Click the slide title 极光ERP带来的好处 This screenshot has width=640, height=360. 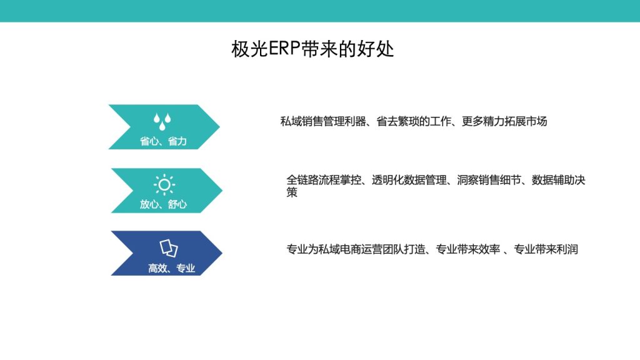point(312,49)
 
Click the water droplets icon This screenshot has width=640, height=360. point(162,122)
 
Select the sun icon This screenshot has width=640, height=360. point(164,184)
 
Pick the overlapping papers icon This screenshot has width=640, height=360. point(169,247)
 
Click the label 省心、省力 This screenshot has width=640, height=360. point(163,141)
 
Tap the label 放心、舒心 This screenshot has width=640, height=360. point(163,204)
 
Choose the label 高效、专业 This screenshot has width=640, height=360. point(171,268)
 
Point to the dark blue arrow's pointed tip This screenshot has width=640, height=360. point(222,253)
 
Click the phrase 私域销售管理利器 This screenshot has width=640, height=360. point(323,121)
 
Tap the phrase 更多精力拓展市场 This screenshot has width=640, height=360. point(504,121)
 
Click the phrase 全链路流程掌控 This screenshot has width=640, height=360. point(324,180)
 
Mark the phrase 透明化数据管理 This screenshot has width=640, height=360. point(409,180)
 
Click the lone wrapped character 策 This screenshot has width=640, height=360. point(292,192)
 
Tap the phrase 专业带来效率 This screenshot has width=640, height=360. point(467,249)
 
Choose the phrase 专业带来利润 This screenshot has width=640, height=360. point(546,249)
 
